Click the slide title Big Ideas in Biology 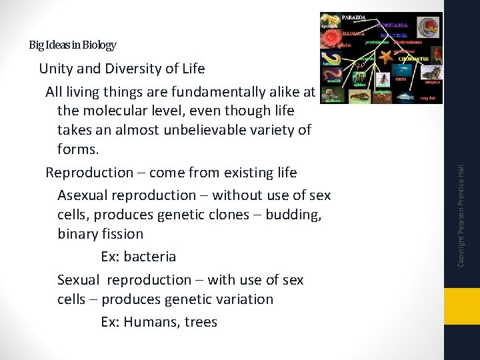72,45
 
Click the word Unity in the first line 55,69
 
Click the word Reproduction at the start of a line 89,173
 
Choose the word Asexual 83,195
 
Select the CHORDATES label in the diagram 415,59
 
